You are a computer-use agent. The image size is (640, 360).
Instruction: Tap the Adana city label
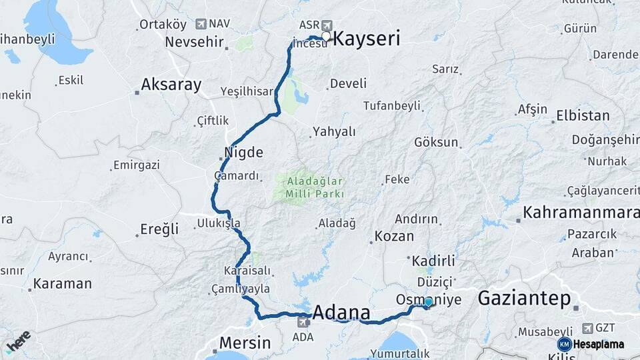tap(341, 312)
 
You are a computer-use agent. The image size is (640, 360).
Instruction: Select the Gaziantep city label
tap(524, 299)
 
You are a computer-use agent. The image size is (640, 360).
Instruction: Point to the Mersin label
tap(245, 343)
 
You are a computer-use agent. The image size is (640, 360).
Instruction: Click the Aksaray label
tap(171, 85)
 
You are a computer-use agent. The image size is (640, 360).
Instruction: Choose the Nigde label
tap(243, 153)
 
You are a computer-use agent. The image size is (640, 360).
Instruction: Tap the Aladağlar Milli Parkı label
tap(315, 187)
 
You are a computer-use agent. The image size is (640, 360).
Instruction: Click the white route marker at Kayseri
tap(326, 37)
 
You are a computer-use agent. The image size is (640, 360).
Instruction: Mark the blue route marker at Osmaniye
tap(428, 303)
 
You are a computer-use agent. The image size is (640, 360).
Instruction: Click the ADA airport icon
tap(303, 323)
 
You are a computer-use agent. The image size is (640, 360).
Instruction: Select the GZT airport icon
tap(587, 328)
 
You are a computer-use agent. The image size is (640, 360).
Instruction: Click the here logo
tap(18, 341)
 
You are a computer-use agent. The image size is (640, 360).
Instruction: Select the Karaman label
tap(62, 283)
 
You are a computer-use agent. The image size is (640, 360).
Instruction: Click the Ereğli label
tap(159, 229)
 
